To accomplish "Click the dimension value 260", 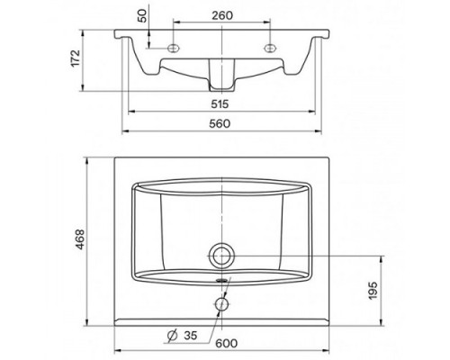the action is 222,15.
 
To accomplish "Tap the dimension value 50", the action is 143,15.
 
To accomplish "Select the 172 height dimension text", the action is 76,58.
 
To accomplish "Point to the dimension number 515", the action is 220,104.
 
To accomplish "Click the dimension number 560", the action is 220,123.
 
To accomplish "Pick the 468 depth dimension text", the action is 80,239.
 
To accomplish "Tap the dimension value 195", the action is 373,291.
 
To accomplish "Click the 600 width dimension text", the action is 227,343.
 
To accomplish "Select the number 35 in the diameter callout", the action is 191,336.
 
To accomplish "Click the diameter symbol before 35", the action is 173,336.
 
